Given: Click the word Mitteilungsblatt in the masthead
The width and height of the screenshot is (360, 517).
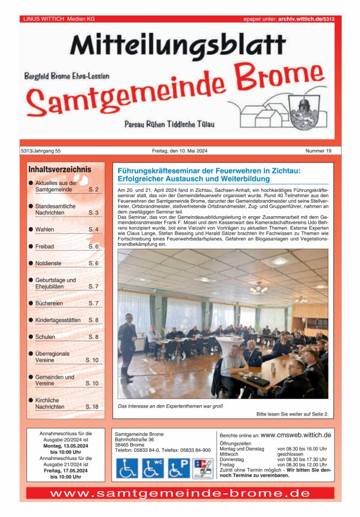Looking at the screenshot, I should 178,45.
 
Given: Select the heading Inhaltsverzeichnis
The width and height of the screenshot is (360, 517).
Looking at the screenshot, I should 60,169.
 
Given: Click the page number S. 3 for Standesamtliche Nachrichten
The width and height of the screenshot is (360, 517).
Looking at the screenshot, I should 93,213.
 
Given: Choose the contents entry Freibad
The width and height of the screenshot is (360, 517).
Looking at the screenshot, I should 44,246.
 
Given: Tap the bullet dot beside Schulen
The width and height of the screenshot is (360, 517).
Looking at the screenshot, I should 31,337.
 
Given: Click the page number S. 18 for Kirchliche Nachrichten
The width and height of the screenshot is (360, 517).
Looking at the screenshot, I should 92,406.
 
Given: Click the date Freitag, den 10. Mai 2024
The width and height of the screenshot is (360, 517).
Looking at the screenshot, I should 180,151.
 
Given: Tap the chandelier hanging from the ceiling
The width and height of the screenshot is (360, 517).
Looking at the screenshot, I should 259,287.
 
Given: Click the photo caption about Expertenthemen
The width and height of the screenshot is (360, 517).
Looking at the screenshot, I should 170,406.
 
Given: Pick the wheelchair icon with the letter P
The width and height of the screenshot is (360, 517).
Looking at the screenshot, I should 179,468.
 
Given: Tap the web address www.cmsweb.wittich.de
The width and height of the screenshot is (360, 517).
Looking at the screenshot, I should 295,435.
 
